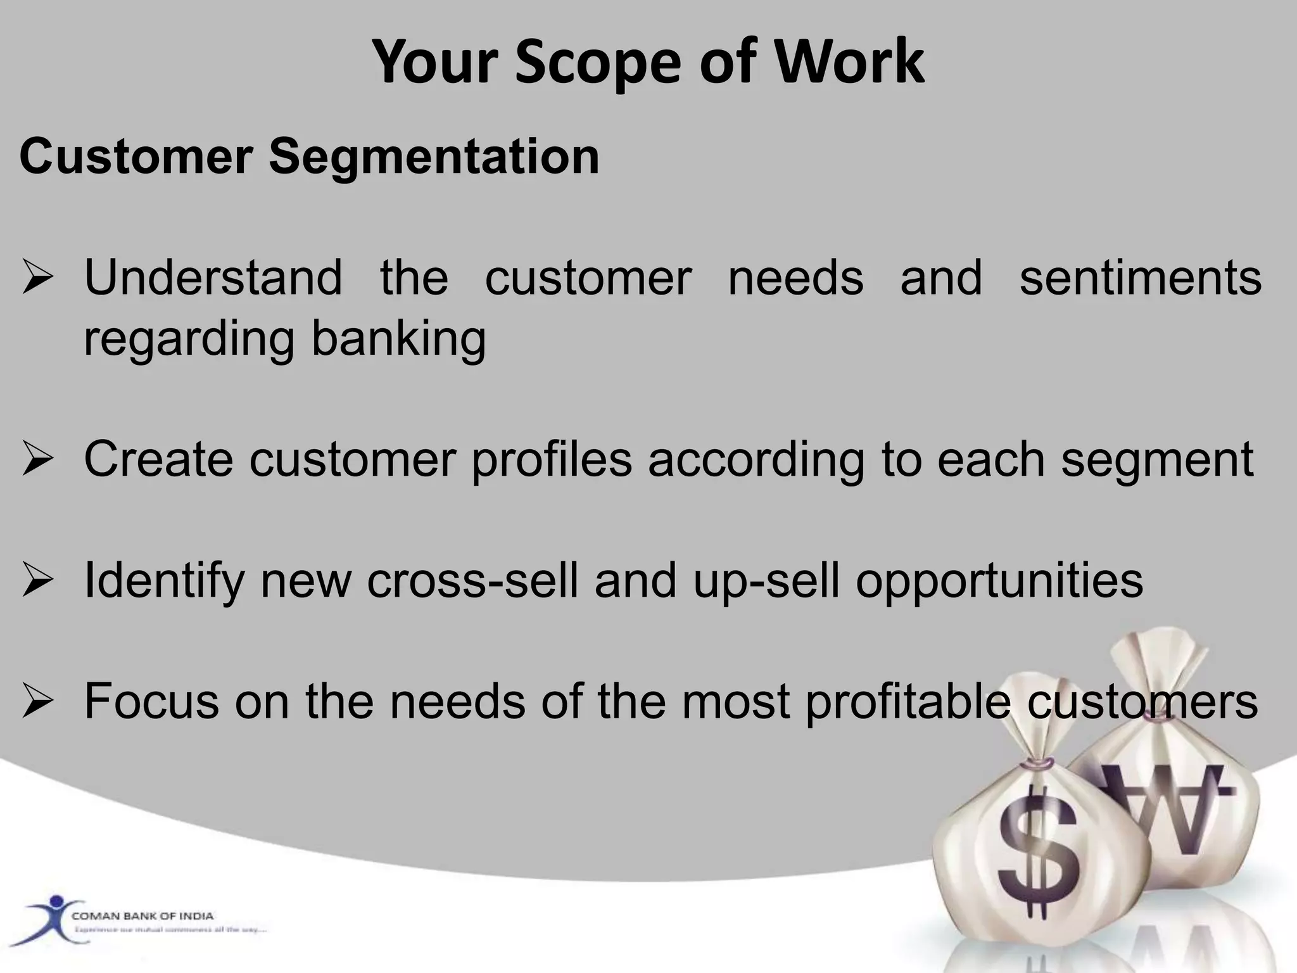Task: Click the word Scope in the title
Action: [x=599, y=61]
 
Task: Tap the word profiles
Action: [x=552, y=459]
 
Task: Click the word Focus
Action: [x=151, y=701]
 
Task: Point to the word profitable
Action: [x=908, y=702]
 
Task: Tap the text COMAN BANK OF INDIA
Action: [x=142, y=916]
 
